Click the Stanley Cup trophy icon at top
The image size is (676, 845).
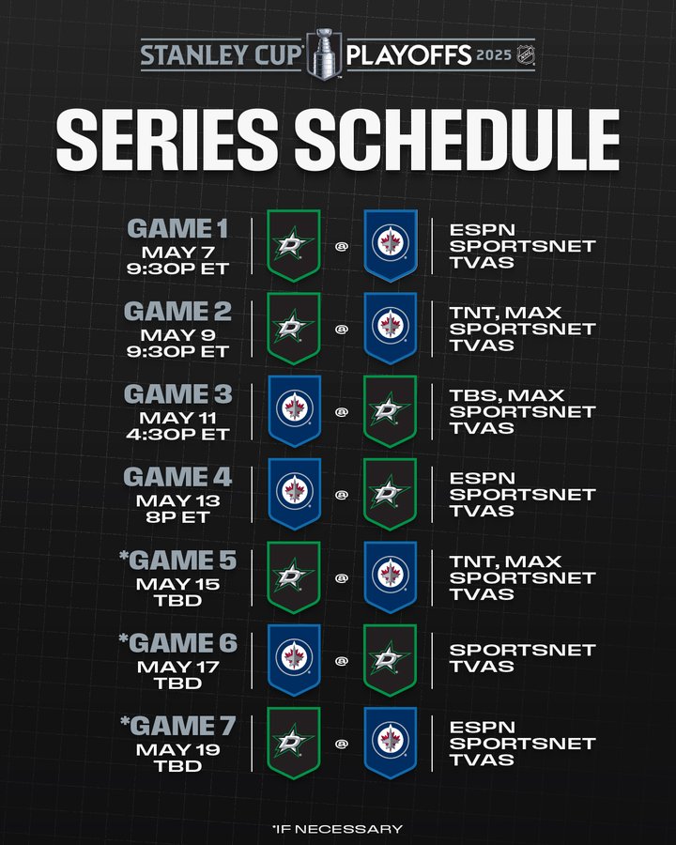coord(325,54)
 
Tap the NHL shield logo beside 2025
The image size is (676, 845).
coord(525,54)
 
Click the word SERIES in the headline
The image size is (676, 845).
coord(167,139)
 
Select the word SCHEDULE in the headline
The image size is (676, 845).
coord(457,139)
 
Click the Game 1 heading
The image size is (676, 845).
coord(177,228)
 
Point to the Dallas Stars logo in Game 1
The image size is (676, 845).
coord(294,245)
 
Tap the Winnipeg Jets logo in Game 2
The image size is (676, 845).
coord(391,328)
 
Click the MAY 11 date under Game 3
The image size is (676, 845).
coord(177,418)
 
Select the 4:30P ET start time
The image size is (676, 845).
coord(177,434)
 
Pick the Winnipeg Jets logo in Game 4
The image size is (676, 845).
coord(294,494)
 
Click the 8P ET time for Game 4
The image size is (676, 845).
coord(177,516)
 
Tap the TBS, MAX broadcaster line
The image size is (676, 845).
coord(507,395)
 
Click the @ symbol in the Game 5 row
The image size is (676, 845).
coord(342,578)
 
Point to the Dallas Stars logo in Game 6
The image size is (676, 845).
coord(390,660)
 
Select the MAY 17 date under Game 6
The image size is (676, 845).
coord(177,667)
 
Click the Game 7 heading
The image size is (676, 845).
coord(177,726)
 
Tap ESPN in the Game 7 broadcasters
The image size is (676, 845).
coord(482,727)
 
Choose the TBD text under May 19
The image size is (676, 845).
coord(177,766)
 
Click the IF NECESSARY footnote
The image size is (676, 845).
coord(337,829)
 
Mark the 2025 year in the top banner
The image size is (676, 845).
coord(493,55)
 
